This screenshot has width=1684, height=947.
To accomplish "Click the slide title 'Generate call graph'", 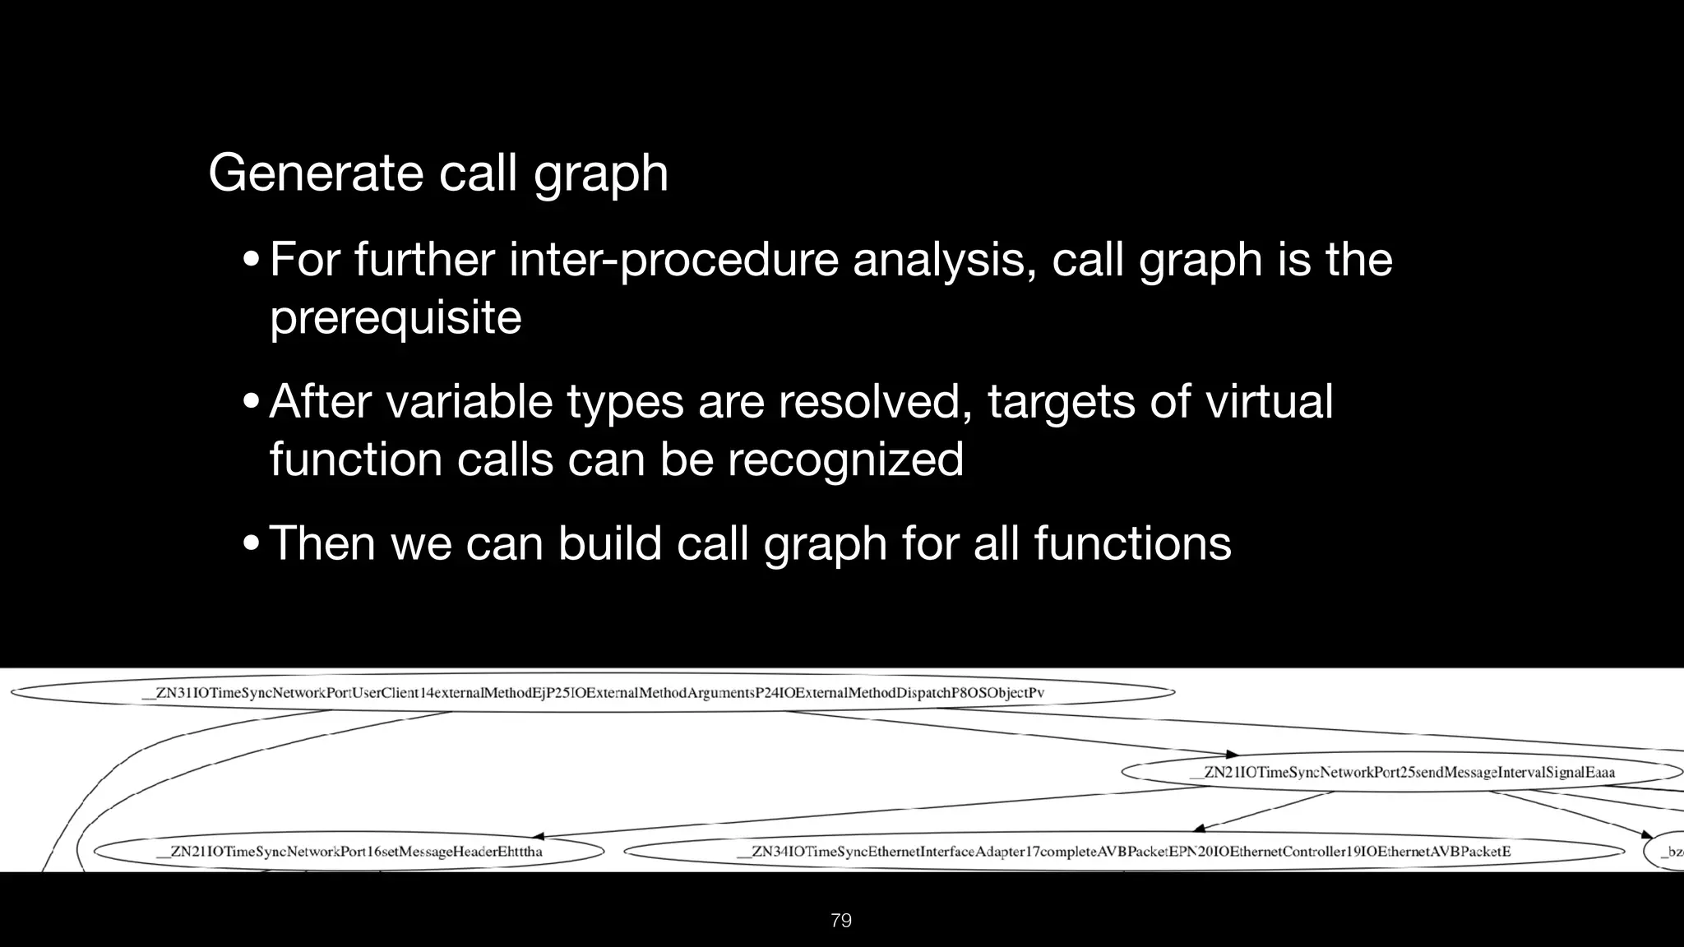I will (x=438, y=173).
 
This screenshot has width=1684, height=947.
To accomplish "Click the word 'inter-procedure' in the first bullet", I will (x=674, y=260).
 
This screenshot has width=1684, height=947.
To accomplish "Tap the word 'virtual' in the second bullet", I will (x=1269, y=402).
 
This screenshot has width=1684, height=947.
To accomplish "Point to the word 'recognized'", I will (x=845, y=459).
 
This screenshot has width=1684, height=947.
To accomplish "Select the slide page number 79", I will (x=841, y=921).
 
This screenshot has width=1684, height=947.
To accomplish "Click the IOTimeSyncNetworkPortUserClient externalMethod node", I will (x=592, y=693).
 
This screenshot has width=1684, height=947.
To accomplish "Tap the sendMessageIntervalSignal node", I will (x=1401, y=773).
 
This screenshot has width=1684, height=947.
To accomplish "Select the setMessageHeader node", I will (x=349, y=852).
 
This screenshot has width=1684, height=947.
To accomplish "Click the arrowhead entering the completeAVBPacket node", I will (x=1200, y=828).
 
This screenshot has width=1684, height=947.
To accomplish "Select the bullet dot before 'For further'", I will (x=252, y=261).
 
